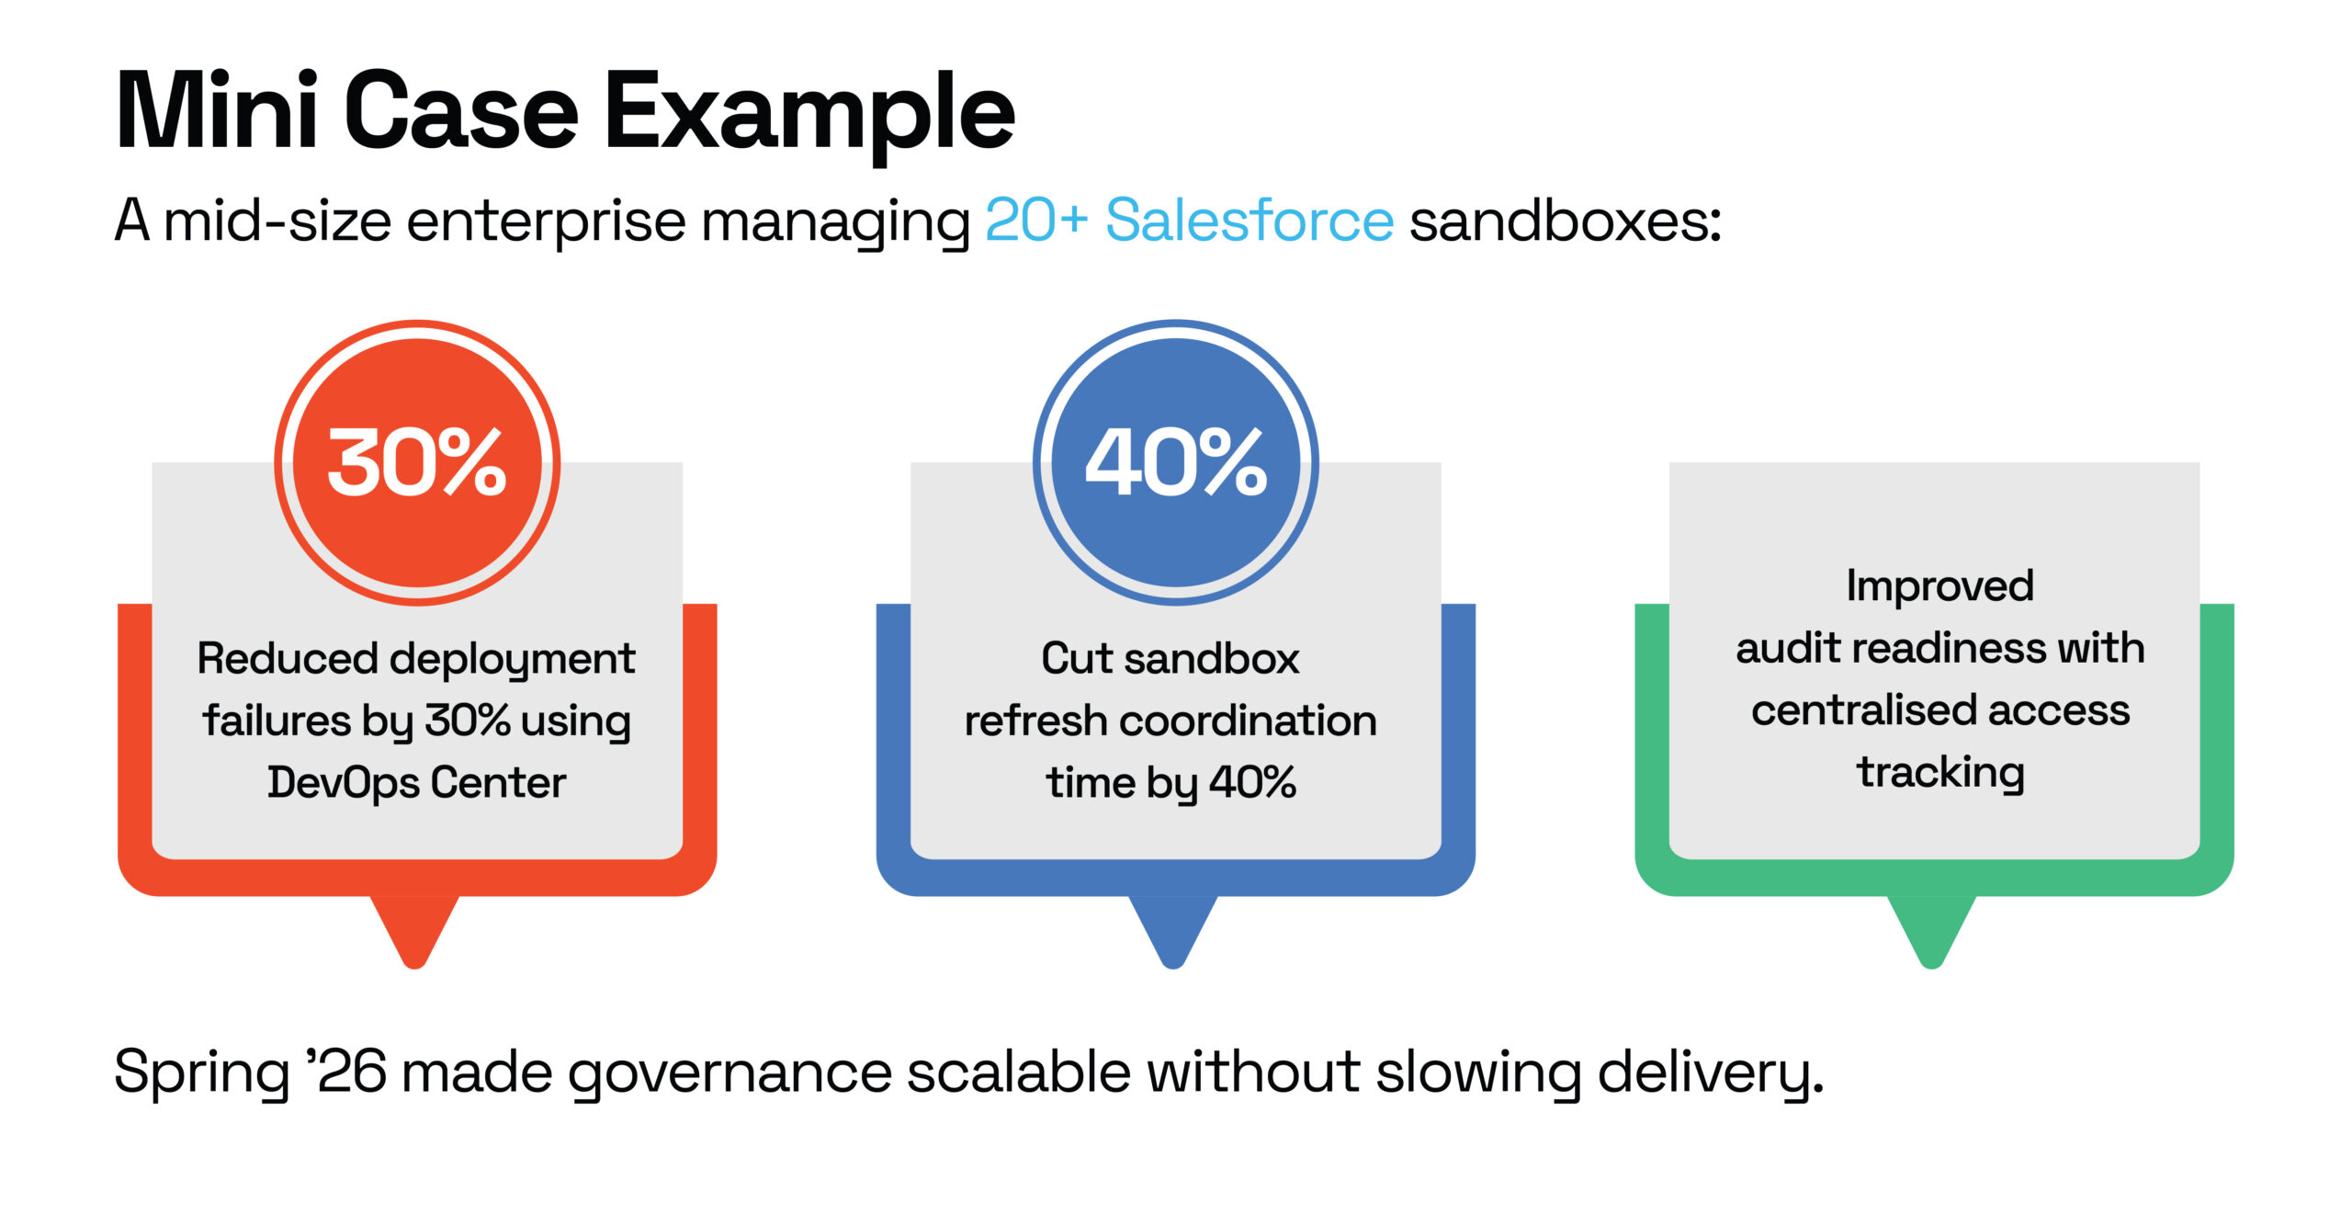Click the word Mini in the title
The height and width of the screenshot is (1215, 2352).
216,112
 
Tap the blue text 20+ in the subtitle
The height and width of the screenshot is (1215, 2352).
1035,221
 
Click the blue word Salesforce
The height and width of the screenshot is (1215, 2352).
1249,221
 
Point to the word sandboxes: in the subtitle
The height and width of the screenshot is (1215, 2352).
1565,221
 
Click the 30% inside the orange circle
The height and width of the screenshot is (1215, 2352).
417,462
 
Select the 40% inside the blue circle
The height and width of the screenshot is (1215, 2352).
1175,462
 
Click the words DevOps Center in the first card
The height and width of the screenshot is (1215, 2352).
416,783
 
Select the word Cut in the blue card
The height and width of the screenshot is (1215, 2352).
1076,659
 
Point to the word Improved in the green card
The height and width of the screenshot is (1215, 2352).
1939,586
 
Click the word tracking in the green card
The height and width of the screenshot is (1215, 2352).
1939,773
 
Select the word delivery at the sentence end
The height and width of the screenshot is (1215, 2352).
1709,1073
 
